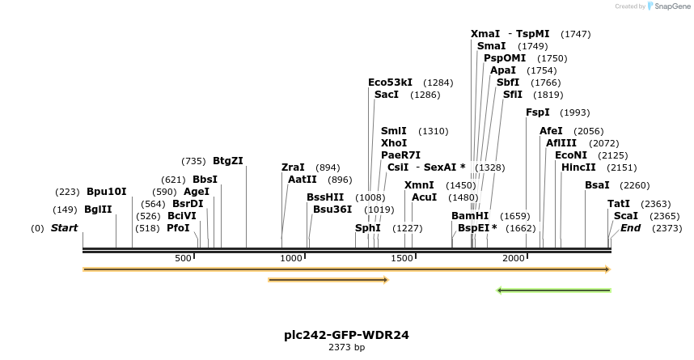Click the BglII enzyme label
(x=98, y=210)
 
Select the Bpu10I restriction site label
(x=107, y=192)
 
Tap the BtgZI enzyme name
(x=228, y=161)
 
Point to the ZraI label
(x=293, y=167)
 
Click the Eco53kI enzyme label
(x=390, y=83)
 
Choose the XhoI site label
(x=394, y=143)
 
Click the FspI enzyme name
(x=538, y=112)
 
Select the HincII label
(x=578, y=167)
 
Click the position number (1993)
(x=575, y=112)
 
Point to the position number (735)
(x=193, y=161)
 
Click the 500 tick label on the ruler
(x=183, y=258)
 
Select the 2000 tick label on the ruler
(x=514, y=258)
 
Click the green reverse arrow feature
(x=554, y=290)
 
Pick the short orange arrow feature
(x=328, y=280)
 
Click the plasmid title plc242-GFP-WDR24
(x=346, y=335)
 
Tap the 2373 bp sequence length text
(x=346, y=348)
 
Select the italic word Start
(x=64, y=228)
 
